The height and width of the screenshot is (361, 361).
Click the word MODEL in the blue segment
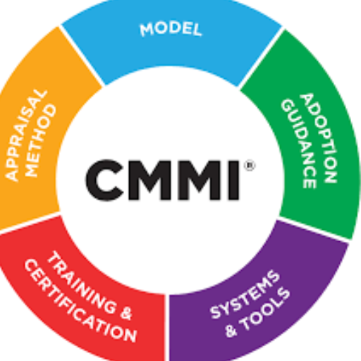171,29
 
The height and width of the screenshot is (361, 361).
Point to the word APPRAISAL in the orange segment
25,135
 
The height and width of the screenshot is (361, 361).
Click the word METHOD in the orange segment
40,140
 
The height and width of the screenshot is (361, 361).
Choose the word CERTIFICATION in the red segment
80,301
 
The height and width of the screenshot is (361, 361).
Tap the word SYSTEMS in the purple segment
245,295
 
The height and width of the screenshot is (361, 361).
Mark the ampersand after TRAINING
126,312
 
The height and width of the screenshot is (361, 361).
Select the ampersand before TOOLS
231,330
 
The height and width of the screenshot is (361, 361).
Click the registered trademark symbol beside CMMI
250,166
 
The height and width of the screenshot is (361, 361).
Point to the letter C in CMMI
104,180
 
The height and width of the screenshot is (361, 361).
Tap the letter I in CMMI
234,180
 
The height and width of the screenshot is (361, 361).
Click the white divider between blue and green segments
261,58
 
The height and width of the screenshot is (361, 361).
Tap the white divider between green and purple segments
313,230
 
